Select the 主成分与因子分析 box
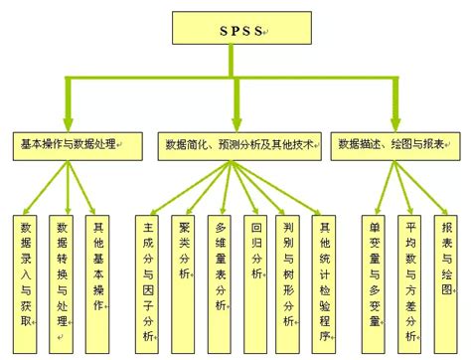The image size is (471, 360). coord(149,274)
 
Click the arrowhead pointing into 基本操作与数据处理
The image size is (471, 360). coord(69,124)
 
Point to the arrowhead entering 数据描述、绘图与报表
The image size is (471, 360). coord(396,124)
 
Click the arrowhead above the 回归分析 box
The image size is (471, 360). coord(255,206)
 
